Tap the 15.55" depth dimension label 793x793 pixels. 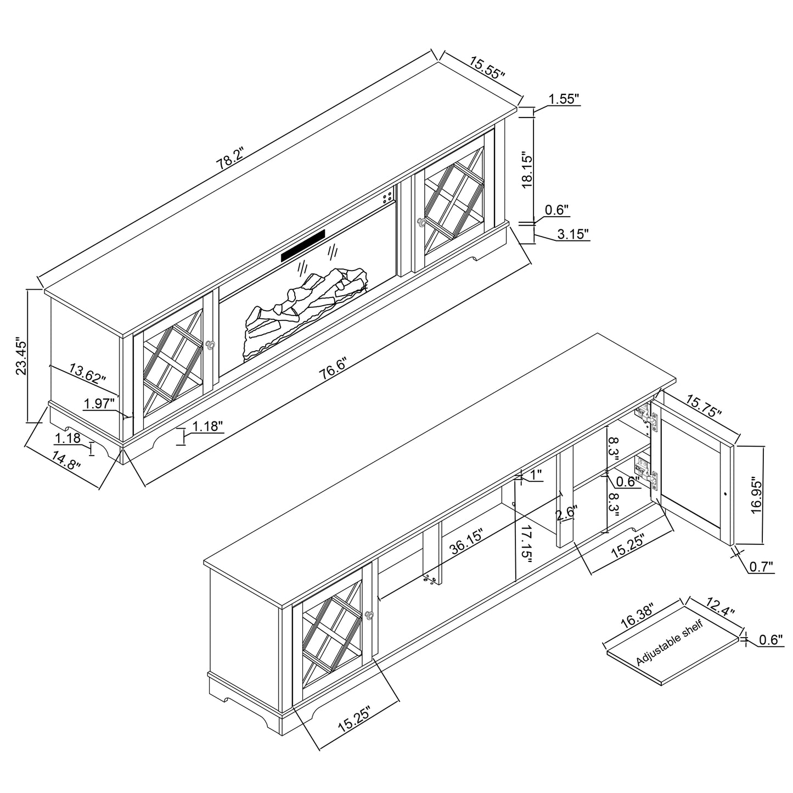tap(487, 68)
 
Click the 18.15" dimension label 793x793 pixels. tap(527, 171)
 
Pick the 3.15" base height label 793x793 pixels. tap(573, 234)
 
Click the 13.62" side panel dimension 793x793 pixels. tap(87, 373)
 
